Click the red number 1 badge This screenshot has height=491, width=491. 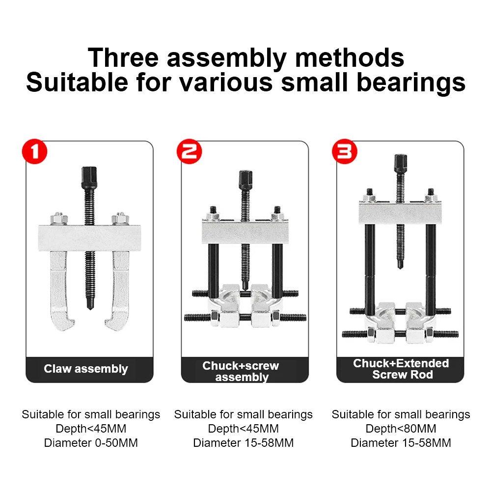pyautogui.click(x=35, y=152)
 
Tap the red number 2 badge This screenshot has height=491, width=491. pyautogui.click(x=189, y=152)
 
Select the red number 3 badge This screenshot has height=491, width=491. pyautogui.click(x=344, y=152)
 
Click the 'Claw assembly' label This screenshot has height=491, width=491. pyautogui.click(x=86, y=369)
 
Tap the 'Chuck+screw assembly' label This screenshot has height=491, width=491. pyautogui.click(x=241, y=371)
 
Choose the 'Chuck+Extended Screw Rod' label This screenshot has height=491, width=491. pyautogui.click(x=401, y=369)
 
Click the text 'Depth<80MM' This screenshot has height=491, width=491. pyautogui.click(x=401, y=429)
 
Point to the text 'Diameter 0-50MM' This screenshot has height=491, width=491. pyautogui.click(x=91, y=443)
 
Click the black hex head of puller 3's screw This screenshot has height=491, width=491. pyautogui.click(x=400, y=162)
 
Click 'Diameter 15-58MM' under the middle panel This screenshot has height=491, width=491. pyautogui.click(x=244, y=443)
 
